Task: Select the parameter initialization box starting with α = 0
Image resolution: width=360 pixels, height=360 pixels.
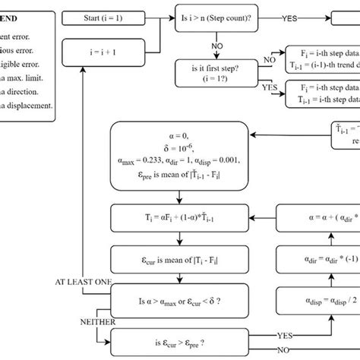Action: (176, 154)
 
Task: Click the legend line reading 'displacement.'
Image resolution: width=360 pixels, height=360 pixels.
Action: (26, 106)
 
